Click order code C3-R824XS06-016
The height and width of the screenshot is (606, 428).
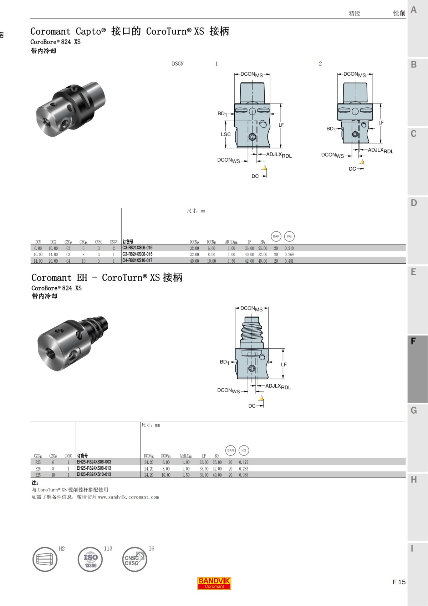click(137, 248)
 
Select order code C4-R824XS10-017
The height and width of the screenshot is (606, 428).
click(137, 261)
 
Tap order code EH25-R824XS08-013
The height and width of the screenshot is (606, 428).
click(94, 468)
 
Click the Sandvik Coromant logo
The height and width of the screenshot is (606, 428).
click(214, 583)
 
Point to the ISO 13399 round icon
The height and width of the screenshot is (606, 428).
click(90, 559)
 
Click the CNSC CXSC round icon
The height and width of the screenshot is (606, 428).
click(134, 559)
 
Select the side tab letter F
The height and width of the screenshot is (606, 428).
click(413, 341)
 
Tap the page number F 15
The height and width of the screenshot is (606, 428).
click(399, 582)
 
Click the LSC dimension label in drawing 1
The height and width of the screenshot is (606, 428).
click(226, 134)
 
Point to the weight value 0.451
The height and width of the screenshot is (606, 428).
click(289, 261)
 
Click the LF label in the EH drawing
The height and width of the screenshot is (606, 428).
click(284, 364)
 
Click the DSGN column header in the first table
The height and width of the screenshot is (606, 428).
click(114, 242)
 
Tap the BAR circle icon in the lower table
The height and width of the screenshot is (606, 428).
click(230, 450)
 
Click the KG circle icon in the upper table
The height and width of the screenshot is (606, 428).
click(289, 236)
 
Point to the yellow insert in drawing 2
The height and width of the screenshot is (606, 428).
click(362, 162)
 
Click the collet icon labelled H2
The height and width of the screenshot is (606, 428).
click(45, 559)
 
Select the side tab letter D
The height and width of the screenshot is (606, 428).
click(414, 203)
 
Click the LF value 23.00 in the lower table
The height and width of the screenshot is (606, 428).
click(204, 462)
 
